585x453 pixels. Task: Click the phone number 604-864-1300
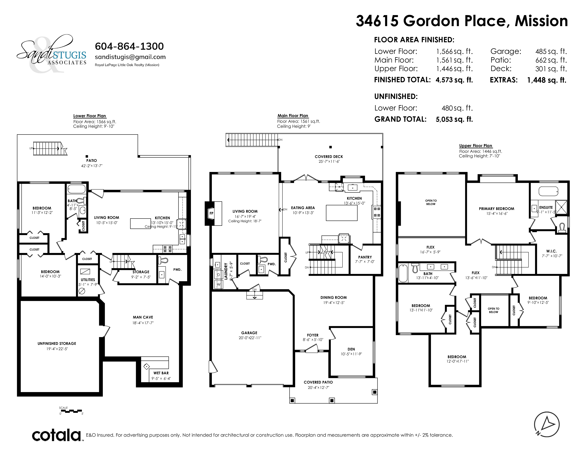click(129, 46)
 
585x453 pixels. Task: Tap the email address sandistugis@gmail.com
click(130, 57)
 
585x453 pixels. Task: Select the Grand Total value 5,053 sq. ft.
click(454, 119)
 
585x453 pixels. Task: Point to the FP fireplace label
click(211, 213)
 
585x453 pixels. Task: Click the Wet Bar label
click(161, 373)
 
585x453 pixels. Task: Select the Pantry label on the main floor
click(365, 257)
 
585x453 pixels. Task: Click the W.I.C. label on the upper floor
click(551, 251)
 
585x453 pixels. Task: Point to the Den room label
click(351, 349)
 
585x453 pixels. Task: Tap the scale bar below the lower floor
click(71, 411)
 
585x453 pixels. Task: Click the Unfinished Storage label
click(57, 344)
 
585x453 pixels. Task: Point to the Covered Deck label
click(329, 157)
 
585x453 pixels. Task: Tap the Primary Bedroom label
click(496, 209)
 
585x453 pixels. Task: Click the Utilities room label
click(88, 280)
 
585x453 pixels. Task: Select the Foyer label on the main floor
click(313, 335)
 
